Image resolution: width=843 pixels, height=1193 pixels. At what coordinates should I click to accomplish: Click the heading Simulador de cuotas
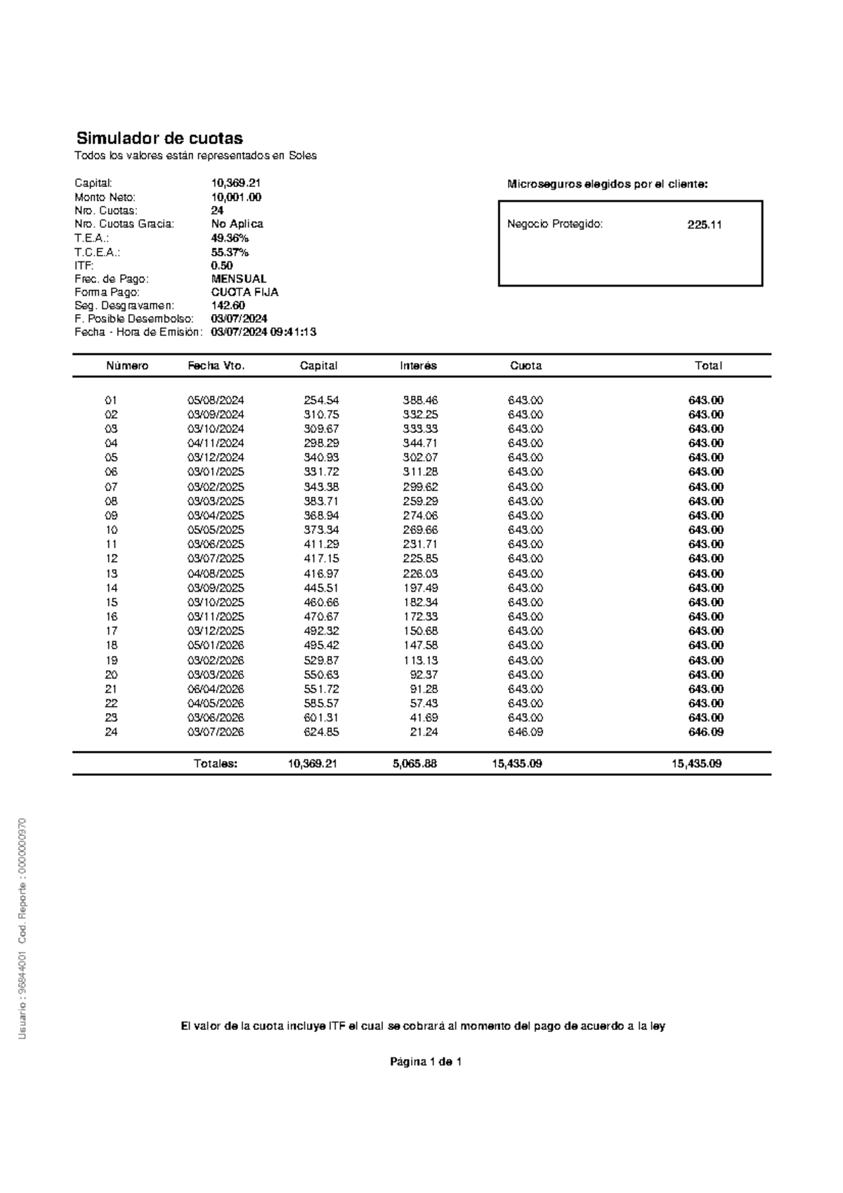(x=159, y=138)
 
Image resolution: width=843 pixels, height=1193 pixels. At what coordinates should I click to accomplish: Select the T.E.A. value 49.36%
(x=230, y=238)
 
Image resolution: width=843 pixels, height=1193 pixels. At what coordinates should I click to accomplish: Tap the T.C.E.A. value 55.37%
(x=230, y=252)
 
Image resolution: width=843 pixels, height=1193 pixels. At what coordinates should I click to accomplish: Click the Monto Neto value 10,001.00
(x=236, y=197)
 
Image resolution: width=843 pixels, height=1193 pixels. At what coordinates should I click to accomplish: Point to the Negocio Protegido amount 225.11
(x=705, y=225)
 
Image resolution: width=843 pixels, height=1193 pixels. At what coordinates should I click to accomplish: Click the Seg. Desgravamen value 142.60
(x=228, y=306)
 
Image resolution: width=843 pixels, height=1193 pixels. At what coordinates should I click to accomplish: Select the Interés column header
(x=419, y=366)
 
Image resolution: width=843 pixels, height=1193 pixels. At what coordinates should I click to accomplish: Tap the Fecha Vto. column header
(x=216, y=366)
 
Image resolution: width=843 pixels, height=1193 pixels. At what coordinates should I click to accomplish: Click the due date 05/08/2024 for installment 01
(x=216, y=400)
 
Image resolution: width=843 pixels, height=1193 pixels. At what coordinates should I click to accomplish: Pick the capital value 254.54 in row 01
(x=322, y=400)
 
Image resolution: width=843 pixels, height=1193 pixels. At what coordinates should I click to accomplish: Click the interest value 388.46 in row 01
(x=420, y=400)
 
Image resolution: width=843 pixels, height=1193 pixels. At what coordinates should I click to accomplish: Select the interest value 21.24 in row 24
(x=424, y=732)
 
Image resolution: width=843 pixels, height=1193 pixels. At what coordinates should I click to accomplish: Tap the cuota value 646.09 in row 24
(x=525, y=732)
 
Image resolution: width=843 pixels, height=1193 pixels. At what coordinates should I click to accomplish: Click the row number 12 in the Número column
(x=112, y=559)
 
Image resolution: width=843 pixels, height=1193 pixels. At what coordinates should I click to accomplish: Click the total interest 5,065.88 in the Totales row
(x=415, y=764)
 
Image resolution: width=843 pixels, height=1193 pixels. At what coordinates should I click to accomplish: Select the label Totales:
(x=216, y=764)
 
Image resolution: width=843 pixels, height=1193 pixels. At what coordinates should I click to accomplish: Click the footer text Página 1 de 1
(x=426, y=1062)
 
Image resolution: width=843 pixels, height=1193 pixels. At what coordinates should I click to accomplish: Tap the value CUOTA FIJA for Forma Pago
(x=245, y=292)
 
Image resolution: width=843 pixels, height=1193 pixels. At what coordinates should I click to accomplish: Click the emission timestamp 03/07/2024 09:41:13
(x=263, y=332)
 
